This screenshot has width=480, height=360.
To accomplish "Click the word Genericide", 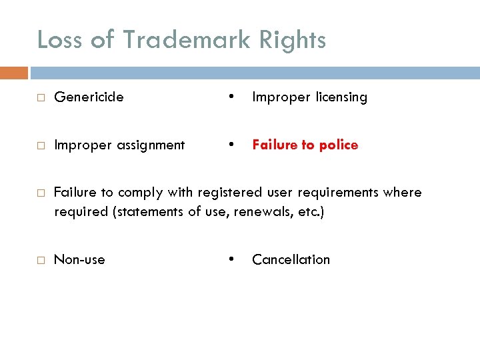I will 89,97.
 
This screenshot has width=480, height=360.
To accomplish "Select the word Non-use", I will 79,260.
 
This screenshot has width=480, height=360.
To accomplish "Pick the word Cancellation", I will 291,260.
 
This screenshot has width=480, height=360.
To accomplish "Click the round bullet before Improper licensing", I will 230,96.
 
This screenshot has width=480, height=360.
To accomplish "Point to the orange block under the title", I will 14,72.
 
